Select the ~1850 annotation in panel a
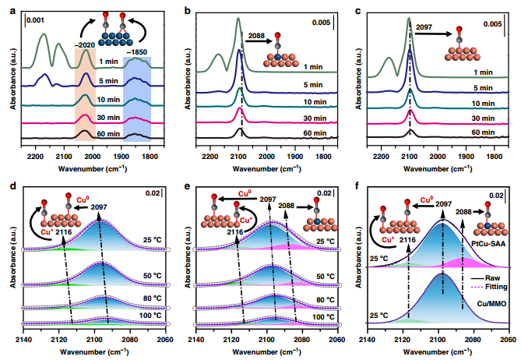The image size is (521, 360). coord(135,51)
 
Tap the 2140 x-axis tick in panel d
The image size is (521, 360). coord(25,340)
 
